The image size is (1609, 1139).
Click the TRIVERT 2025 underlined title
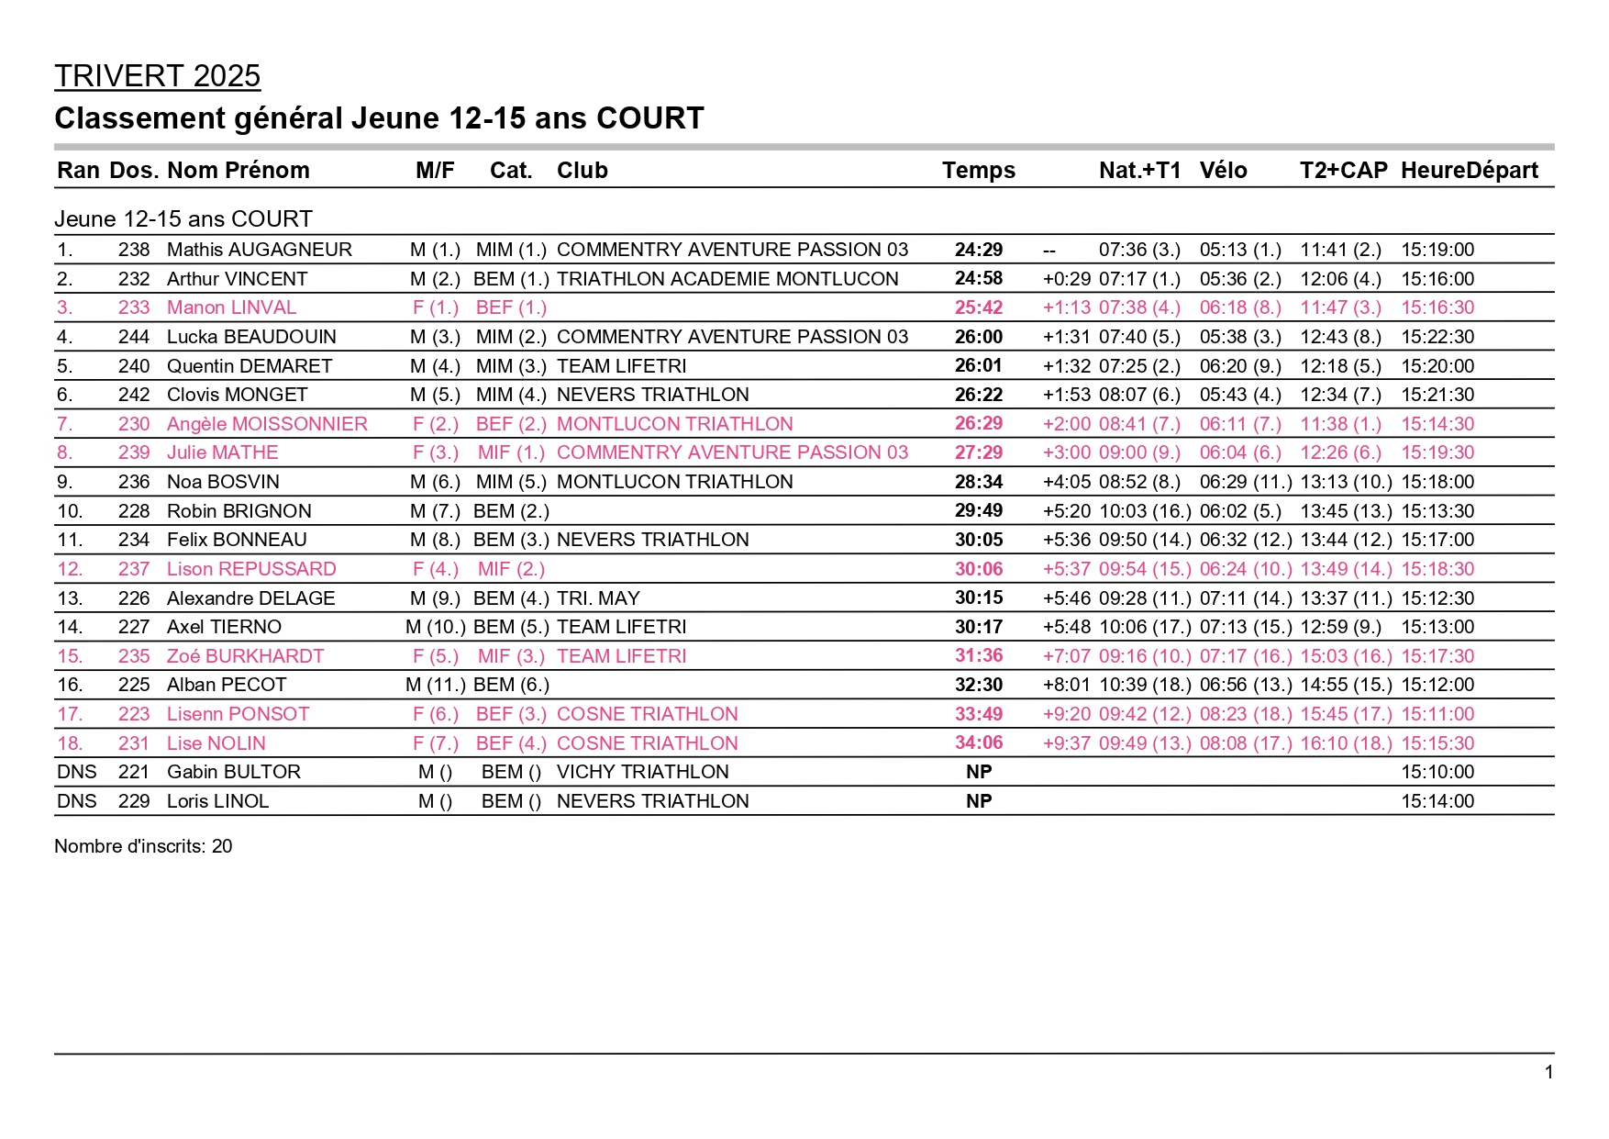point(157,76)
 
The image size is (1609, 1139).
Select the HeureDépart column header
point(1469,170)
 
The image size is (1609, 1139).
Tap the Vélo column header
point(1223,170)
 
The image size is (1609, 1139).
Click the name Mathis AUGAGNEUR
point(259,250)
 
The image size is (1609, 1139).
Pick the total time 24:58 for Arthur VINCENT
point(978,278)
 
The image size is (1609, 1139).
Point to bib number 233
point(134,307)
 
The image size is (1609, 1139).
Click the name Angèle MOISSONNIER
point(267,424)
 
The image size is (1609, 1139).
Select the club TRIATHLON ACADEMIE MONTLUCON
point(727,279)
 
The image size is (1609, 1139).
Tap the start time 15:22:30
point(1437,337)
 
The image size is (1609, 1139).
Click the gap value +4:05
point(1066,482)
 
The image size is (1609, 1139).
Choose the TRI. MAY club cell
point(598,598)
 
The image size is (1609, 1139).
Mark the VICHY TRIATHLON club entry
point(642,772)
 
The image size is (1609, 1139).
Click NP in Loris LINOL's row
point(978,801)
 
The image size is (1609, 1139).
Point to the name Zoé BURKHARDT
point(245,656)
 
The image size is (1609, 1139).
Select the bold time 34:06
point(978,743)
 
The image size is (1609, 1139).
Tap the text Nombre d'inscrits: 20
point(143,846)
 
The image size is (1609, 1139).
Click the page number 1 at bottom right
point(1548,1072)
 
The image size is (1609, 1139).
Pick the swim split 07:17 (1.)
point(1139,279)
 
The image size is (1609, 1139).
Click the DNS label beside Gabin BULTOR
point(76,772)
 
